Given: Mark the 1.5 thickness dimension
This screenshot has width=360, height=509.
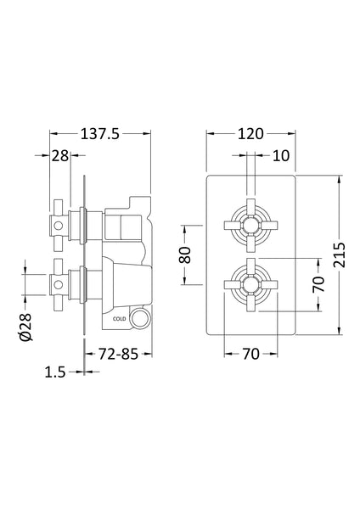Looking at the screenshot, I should coord(56,372).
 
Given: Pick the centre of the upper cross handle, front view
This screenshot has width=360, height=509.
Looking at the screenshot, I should coord(250,225).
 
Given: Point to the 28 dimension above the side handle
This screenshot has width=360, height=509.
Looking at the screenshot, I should coord(59,155).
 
